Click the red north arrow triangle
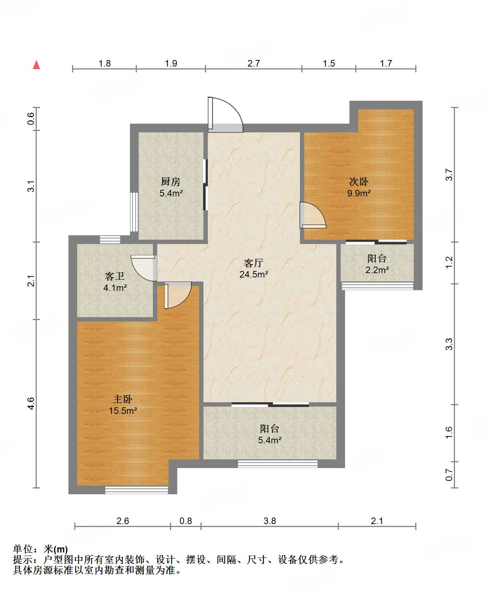click(x=36, y=65)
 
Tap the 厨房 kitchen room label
click(x=171, y=181)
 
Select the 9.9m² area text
click(x=359, y=193)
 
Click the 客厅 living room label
click(x=254, y=263)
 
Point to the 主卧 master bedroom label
click(x=123, y=399)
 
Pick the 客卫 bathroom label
click(x=115, y=276)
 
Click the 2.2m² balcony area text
click(x=377, y=270)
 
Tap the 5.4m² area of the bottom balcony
click(x=270, y=440)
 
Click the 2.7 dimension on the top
click(x=254, y=63)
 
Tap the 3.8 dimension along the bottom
click(x=270, y=521)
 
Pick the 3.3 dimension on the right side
click(x=449, y=344)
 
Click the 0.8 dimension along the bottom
click(x=186, y=521)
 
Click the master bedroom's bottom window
click(x=136, y=490)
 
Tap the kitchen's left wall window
click(x=134, y=212)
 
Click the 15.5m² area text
click(x=123, y=411)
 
